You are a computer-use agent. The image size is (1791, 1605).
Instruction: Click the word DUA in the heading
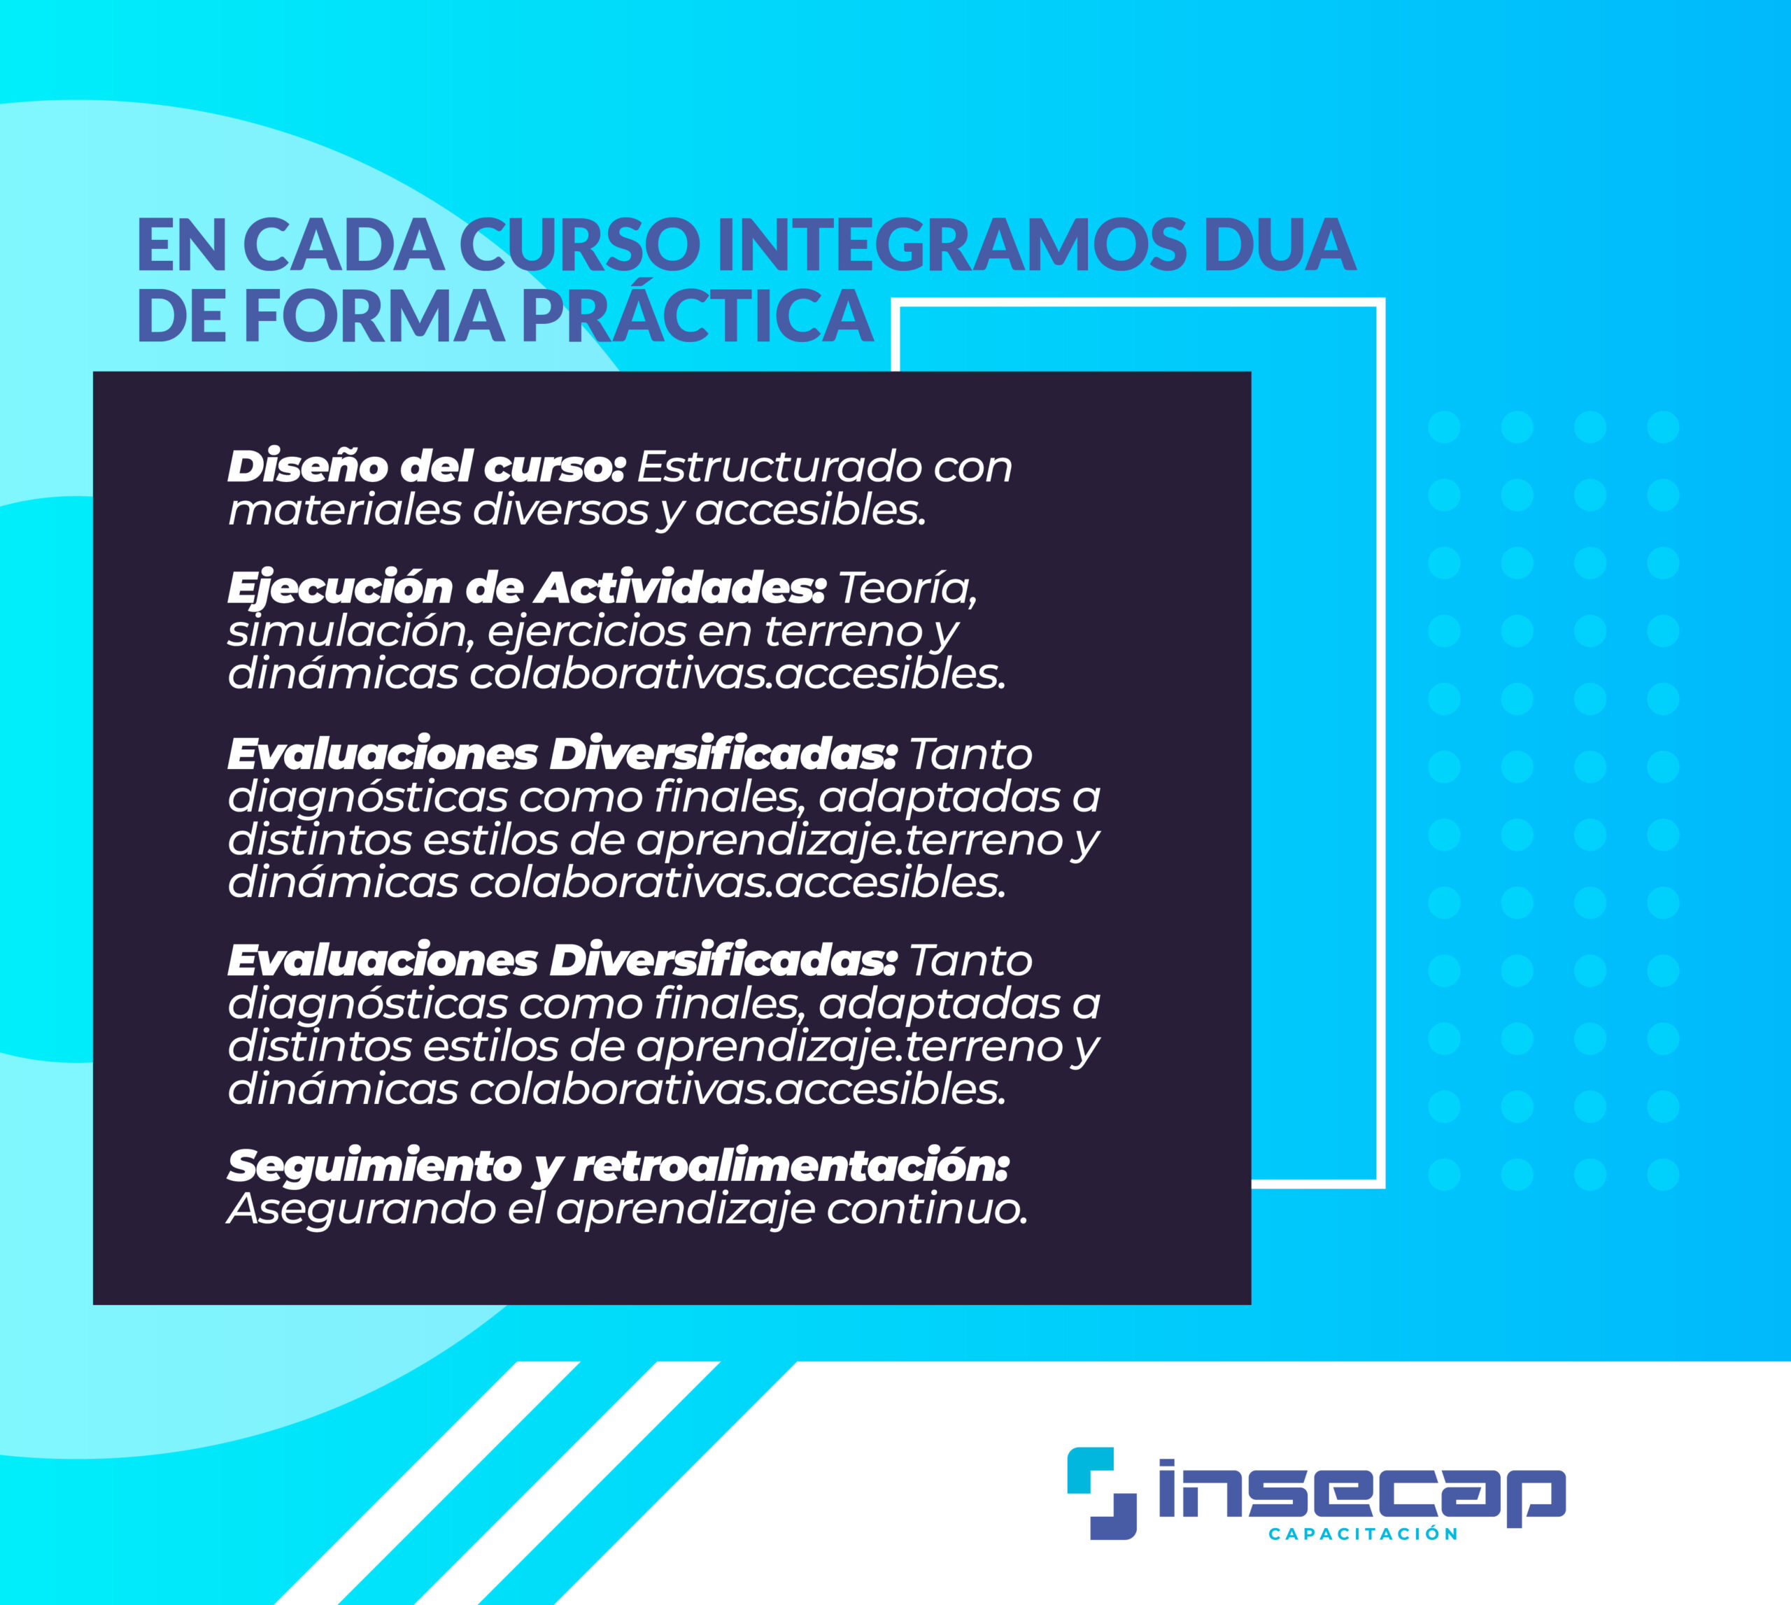point(1280,244)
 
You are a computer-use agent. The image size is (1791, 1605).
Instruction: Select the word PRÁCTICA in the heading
point(698,316)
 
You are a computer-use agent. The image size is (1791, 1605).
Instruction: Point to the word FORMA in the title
point(374,316)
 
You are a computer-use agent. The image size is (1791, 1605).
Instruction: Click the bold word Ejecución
point(339,589)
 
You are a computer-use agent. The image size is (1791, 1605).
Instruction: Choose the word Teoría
point(907,588)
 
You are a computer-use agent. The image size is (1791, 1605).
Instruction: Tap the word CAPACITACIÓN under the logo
point(1362,1534)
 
